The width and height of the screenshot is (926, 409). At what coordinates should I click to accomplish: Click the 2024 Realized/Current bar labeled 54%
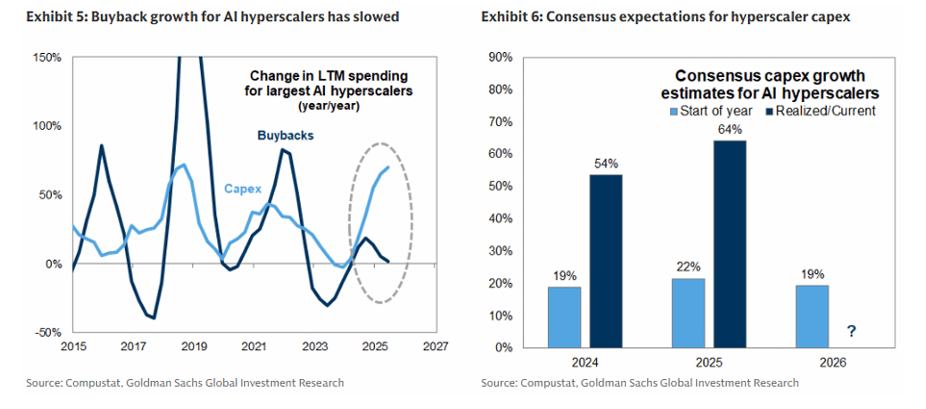tap(605, 260)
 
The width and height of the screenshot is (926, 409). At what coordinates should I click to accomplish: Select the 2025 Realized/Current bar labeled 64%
tap(730, 243)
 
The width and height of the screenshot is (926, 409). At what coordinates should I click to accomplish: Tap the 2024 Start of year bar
tap(563, 317)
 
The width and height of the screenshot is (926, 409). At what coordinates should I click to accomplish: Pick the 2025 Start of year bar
tap(688, 312)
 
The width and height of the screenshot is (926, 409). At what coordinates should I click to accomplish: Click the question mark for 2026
tap(852, 332)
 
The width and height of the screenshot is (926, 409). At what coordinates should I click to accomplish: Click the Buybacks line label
tap(286, 136)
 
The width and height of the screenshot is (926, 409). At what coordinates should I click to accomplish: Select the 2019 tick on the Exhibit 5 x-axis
tap(194, 346)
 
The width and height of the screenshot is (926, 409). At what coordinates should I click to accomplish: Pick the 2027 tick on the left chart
tap(435, 346)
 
